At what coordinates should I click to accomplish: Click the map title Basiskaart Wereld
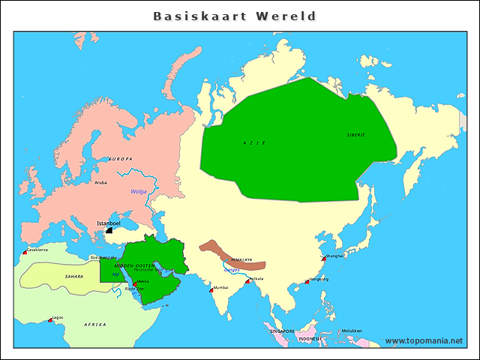click(234, 16)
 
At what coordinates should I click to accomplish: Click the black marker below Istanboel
click(109, 231)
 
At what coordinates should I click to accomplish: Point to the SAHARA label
click(74, 276)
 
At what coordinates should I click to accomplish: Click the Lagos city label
click(58, 317)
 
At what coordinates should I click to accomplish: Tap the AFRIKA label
click(94, 324)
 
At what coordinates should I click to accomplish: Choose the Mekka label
click(143, 282)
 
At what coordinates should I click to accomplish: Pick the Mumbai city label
click(220, 287)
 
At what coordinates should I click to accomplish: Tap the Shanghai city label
click(334, 256)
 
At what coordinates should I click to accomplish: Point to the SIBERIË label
click(355, 134)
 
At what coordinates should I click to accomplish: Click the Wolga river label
click(139, 191)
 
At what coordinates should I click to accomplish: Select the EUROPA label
click(121, 159)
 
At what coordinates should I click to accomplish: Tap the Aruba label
click(100, 181)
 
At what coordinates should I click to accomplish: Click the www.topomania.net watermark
click(424, 341)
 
